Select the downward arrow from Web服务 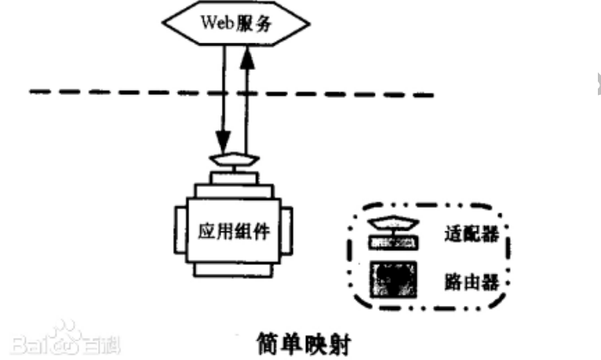[x=224, y=94]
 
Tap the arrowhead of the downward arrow [x=224, y=145]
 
